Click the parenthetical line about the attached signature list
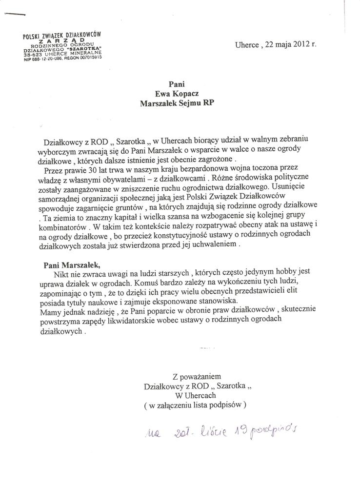[x=195, y=405]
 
